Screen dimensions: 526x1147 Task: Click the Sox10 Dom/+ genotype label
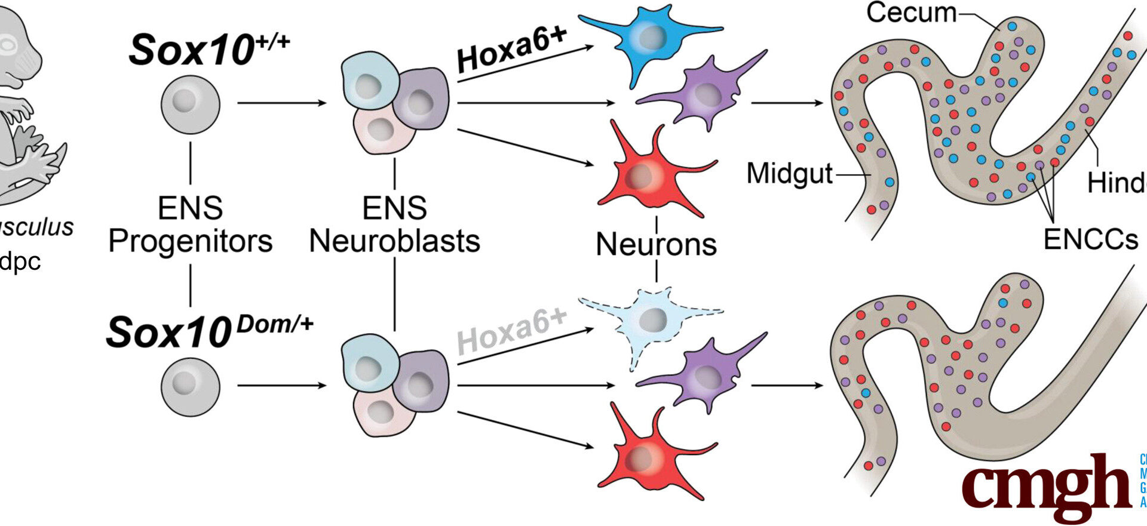pos(209,331)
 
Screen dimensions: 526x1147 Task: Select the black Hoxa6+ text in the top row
pos(511,49)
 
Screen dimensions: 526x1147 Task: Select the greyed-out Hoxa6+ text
pos(511,332)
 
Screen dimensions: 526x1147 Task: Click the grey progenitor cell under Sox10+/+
pos(190,104)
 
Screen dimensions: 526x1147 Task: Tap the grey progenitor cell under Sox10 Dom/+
pos(190,386)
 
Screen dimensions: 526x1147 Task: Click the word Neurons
pos(656,244)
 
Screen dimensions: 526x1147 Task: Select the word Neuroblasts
pos(394,241)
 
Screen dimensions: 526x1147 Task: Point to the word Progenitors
pos(190,241)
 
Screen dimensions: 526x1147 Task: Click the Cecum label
pos(911,13)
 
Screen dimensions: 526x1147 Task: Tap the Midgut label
pos(789,174)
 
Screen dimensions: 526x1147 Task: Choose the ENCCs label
pos(1090,239)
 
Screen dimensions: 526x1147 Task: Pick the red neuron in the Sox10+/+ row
pos(648,173)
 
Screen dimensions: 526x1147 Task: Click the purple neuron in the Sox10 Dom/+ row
pos(705,376)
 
